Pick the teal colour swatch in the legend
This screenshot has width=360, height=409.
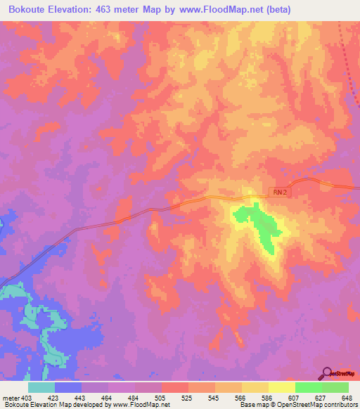(41, 387)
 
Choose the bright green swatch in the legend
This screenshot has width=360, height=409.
(309, 387)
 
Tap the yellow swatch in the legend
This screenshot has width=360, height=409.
(282, 387)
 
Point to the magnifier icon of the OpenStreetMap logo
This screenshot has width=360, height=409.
(328, 372)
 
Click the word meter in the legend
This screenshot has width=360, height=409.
(11, 397)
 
